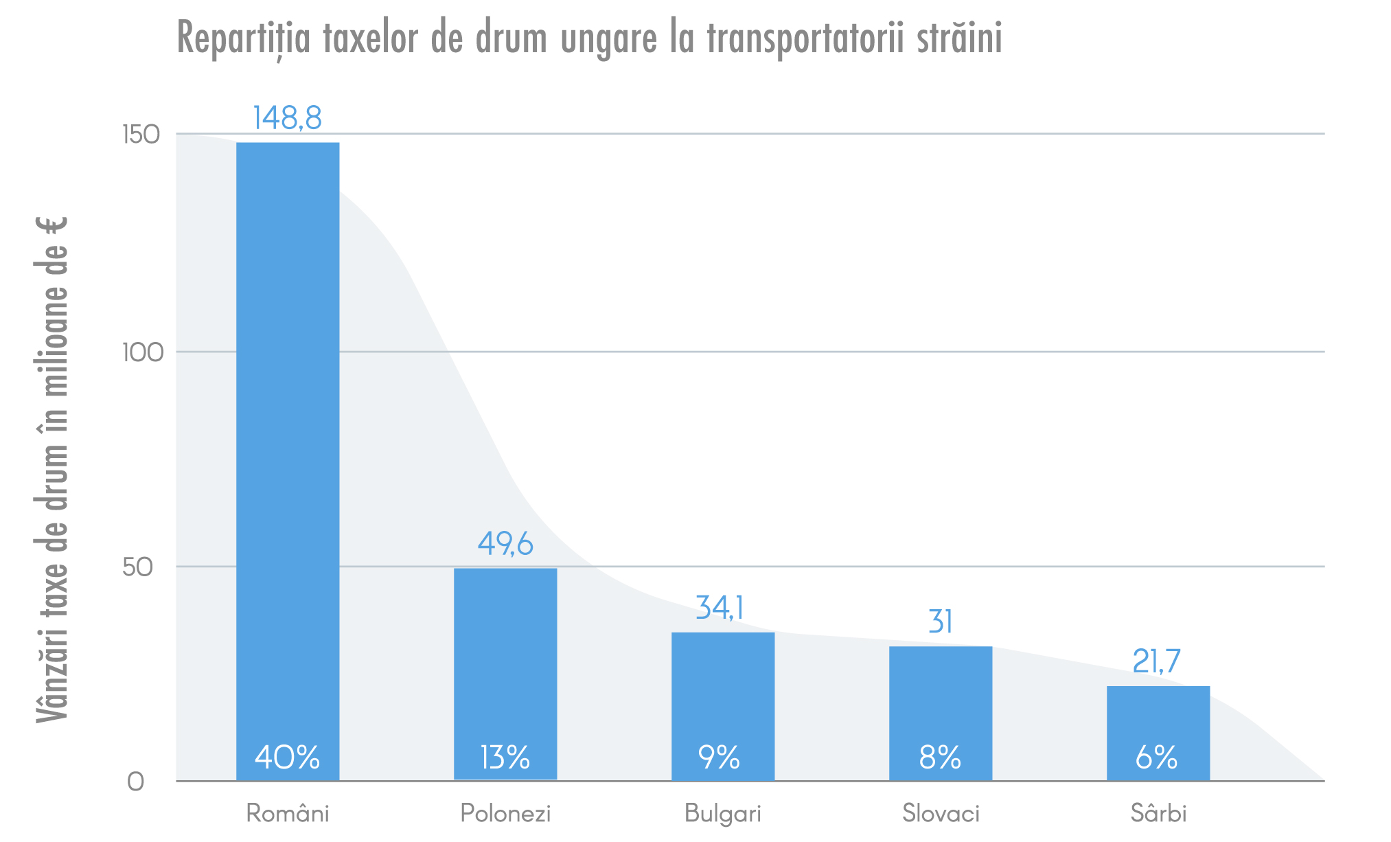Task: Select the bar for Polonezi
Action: click(x=505, y=659)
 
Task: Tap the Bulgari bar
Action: click(x=723, y=694)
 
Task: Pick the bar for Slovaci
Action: click(x=941, y=701)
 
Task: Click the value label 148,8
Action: click(x=287, y=118)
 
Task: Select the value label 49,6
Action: click(x=505, y=544)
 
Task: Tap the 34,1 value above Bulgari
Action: click(x=720, y=608)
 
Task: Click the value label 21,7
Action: click(x=1156, y=661)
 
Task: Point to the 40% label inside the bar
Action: click(x=287, y=758)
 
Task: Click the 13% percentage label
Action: click(x=505, y=758)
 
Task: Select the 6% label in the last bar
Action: click(x=1157, y=758)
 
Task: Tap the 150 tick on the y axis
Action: click(x=141, y=135)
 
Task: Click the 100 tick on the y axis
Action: click(x=143, y=353)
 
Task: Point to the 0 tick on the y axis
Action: click(x=136, y=782)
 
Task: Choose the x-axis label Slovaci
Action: click(x=941, y=813)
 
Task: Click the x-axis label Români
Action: click(x=288, y=813)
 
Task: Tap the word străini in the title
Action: click(x=959, y=38)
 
